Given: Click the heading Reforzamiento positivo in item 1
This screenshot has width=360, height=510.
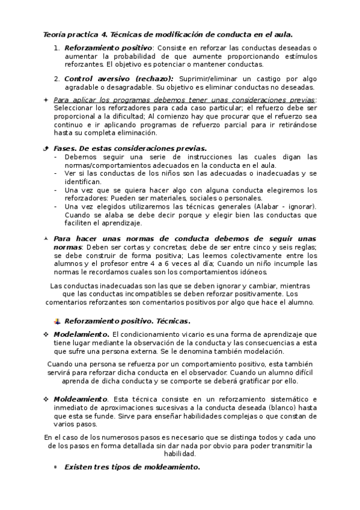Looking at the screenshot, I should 108,48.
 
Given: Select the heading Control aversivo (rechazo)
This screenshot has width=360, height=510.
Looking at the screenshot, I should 118,79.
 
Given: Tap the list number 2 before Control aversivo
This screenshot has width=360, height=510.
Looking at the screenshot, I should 56,79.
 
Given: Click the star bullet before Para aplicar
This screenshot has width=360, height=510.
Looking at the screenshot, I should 46,100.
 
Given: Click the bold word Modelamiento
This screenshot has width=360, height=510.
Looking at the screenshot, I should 81,334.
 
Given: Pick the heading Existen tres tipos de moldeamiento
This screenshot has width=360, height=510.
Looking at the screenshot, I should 132,467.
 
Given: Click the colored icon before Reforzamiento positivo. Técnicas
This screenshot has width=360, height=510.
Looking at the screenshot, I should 57,321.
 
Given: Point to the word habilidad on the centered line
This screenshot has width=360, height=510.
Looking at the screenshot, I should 180,454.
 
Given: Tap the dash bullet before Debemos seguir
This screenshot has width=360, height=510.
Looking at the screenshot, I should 56,157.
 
